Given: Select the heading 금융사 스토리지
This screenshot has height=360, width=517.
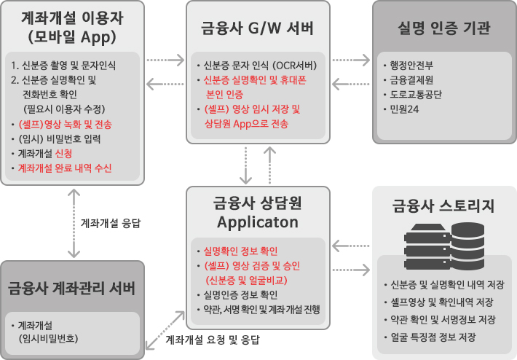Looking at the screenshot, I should pos(443,206).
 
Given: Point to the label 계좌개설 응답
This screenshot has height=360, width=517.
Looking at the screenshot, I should pos(109,223).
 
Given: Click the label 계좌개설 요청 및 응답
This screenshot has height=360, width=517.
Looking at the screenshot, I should pos(212,340).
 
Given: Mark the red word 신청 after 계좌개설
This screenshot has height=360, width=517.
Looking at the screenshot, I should pos(63,153).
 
